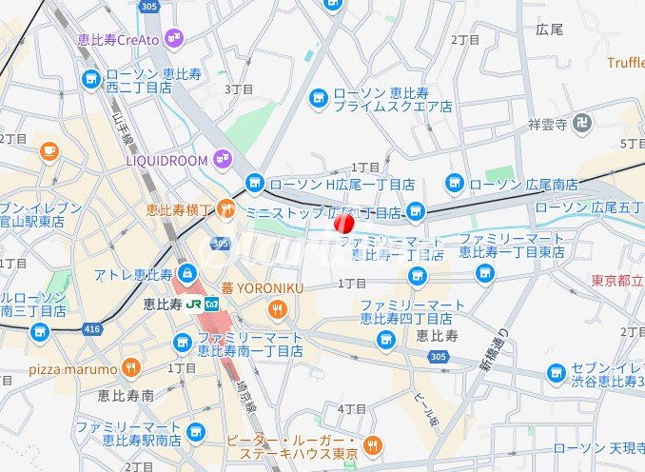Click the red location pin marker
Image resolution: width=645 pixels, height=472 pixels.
tap(343, 224)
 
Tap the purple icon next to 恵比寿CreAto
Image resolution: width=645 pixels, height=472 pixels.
tap(173, 38)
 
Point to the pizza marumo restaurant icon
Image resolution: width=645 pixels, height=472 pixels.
tap(132, 368)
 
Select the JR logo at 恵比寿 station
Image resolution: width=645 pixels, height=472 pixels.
tap(194, 305)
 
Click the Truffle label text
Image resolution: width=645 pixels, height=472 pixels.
tap(626, 63)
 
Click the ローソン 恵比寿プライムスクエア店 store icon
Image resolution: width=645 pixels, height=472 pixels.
tap(319, 99)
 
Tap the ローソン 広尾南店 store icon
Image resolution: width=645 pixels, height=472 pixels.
tap(455, 183)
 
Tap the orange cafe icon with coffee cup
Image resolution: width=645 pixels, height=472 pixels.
tap(49, 150)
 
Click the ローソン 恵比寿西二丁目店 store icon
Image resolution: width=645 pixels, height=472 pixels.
tap(91, 79)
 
